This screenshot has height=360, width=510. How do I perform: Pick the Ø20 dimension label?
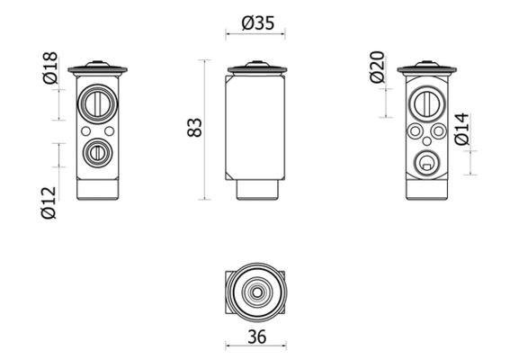pos(378,68)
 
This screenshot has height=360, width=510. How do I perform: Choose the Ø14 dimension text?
pos(461,130)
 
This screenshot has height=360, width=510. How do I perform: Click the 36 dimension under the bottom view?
pos(256,338)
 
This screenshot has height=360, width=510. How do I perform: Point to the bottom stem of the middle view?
pos(256,189)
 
